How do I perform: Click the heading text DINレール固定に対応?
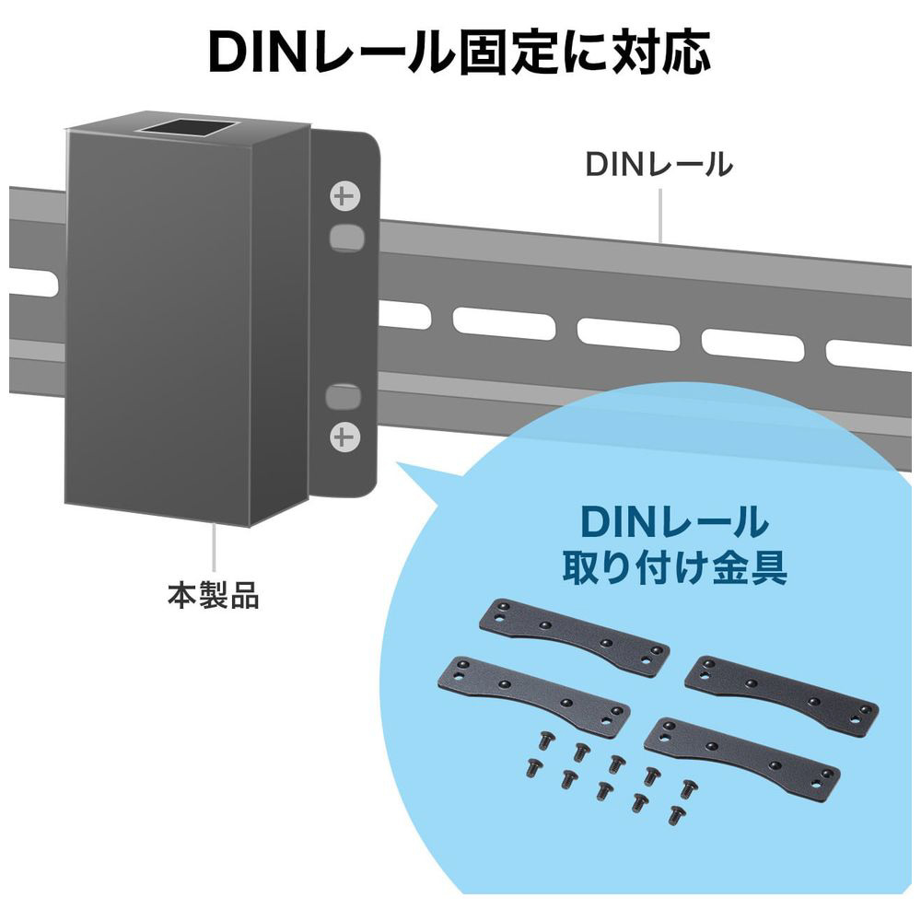(460, 52)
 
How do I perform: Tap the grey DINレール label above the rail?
(659, 164)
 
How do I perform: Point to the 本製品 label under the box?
(214, 594)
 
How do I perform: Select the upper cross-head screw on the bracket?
(344, 196)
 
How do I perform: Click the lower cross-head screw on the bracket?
(344, 437)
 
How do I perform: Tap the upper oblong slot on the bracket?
(346, 238)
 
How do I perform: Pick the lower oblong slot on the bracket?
(343, 396)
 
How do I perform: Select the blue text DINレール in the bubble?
(674, 521)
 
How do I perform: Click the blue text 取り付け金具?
(675, 567)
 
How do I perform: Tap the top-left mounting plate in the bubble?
(575, 633)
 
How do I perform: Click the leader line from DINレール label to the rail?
(660, 215)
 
